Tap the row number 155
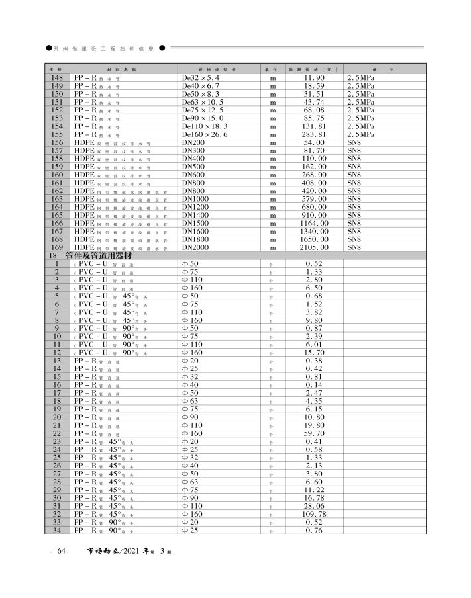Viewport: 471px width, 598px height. tap(57, 134)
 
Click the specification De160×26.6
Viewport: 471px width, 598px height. tap(205, 134)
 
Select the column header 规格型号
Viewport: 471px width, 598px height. tap(217, 69)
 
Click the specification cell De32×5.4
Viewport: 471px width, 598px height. tap(201, 78)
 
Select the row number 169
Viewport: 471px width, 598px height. tap(57, 247)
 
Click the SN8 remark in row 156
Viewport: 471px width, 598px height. tap(354, 143)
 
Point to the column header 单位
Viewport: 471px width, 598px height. tap(270, 69)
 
